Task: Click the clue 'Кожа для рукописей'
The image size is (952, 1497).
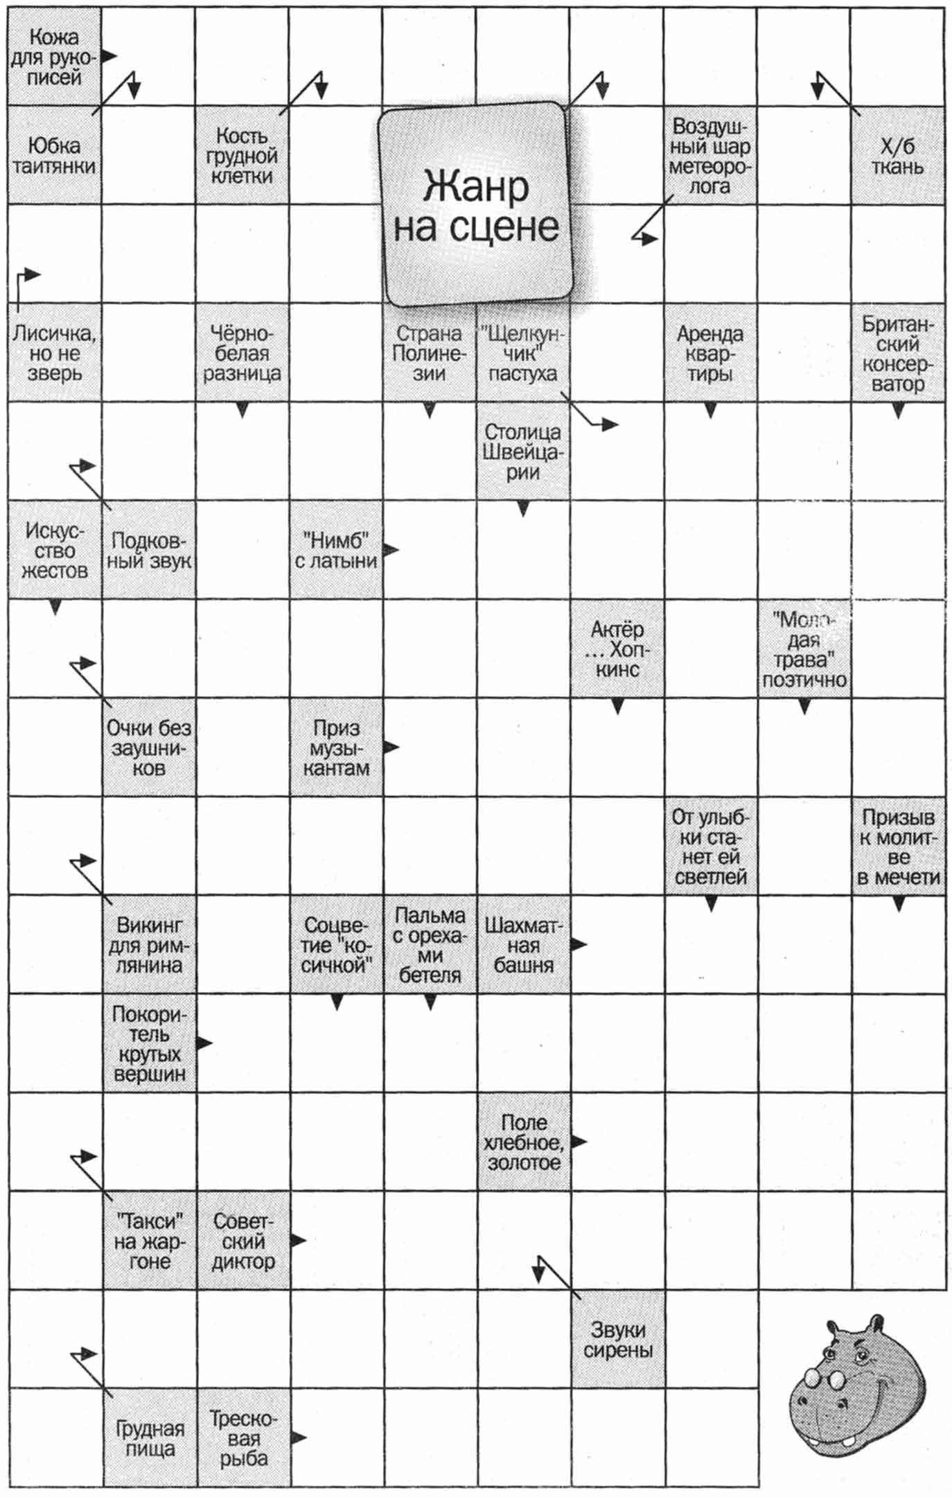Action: [x=54, y=57]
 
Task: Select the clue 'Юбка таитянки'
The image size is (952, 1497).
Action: [x=54, y=156]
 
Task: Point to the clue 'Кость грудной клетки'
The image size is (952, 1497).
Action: [x=242, y=156]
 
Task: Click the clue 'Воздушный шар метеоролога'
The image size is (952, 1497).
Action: [x=710, y=156]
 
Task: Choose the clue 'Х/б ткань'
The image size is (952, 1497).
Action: [x=898, y=156]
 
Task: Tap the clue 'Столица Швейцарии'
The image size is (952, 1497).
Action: [x=523, y=452]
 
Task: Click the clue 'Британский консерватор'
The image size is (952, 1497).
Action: [x=898, y=353]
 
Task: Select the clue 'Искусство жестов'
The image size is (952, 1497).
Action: [x=54, y=551]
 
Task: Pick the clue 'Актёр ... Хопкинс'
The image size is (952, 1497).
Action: [x=617, y=649]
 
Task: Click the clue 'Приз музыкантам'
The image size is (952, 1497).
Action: [x=336, y=747]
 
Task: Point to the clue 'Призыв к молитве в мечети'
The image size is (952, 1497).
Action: [x=898, y=847]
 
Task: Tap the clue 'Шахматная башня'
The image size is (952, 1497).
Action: [x=523, y=945]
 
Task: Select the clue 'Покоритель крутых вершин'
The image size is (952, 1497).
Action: [x=149, y=1043]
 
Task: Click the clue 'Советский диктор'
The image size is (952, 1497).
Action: [x=243, y=1241]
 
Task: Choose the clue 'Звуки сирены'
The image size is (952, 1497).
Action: [x=617, y=1339]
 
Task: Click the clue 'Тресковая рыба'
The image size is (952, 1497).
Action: [x=243, y=1437]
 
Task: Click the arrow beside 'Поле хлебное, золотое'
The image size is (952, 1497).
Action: [x=579, y=1142]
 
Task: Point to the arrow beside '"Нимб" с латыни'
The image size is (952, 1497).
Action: [x=391, y=550]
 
